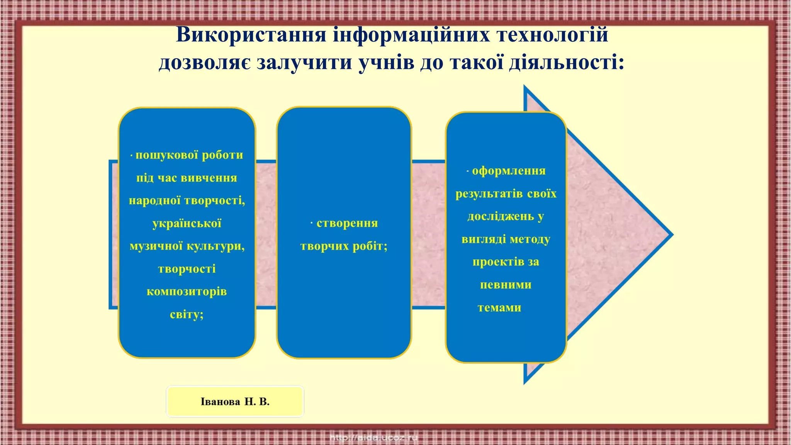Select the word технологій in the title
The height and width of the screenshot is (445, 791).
point(552,35)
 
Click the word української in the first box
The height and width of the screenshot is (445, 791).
point(187,224)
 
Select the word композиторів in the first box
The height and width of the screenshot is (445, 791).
point(187,292)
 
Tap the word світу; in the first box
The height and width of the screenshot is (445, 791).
point(187,314)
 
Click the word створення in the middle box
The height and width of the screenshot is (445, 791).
point(347,223)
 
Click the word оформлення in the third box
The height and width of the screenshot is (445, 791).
point(509,171)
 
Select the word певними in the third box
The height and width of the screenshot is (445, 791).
point(506,285)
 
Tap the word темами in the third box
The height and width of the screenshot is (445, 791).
point(499,308)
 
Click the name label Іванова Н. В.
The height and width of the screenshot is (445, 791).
point(235,402)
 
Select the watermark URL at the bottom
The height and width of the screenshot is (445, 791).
point(374,438)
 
